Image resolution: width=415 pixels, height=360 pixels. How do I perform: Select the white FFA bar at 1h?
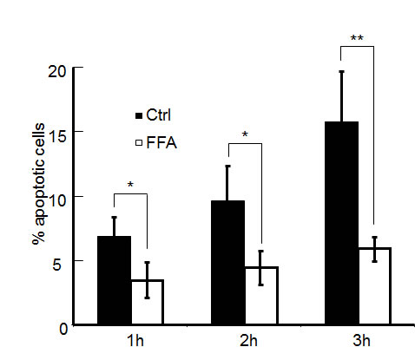[148, 302]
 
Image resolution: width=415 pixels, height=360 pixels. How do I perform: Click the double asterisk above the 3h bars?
[357, 39]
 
